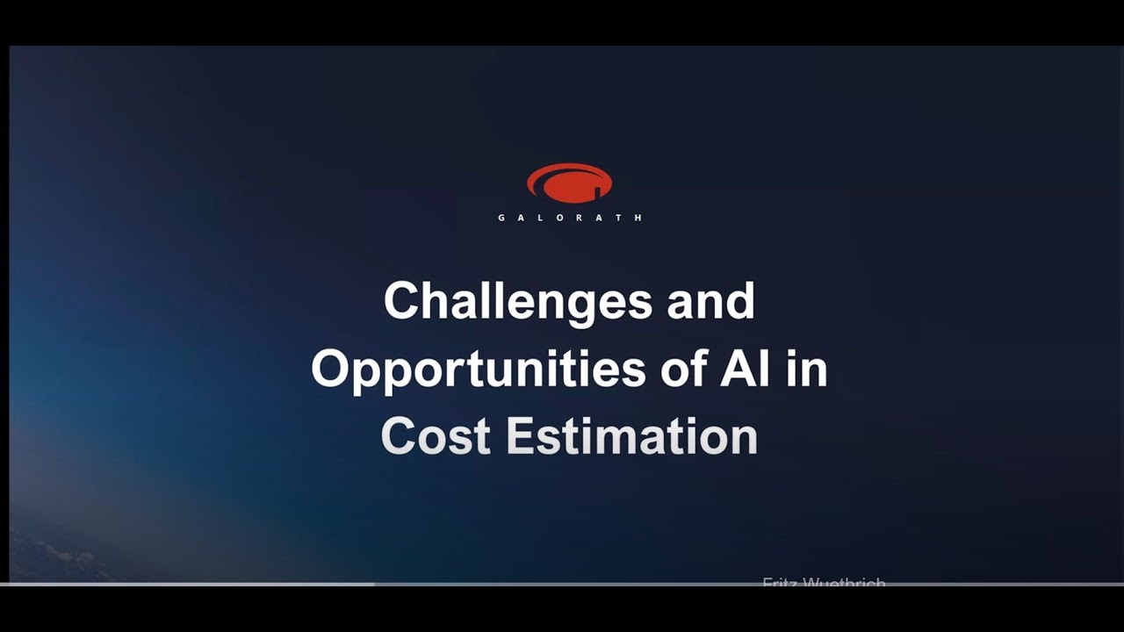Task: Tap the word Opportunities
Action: point(479,369)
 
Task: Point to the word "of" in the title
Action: point(682,369)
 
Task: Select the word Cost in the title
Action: point(435,436)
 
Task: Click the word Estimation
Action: point(631,436)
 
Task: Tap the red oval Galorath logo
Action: point(569,183)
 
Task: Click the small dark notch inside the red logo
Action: point(597,189)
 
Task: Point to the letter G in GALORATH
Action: point(501,218)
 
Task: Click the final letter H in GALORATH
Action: point(638,218)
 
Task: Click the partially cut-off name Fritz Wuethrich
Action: point(823,583)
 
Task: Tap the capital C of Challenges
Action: point(400,301)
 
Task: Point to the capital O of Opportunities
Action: point(330,369)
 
